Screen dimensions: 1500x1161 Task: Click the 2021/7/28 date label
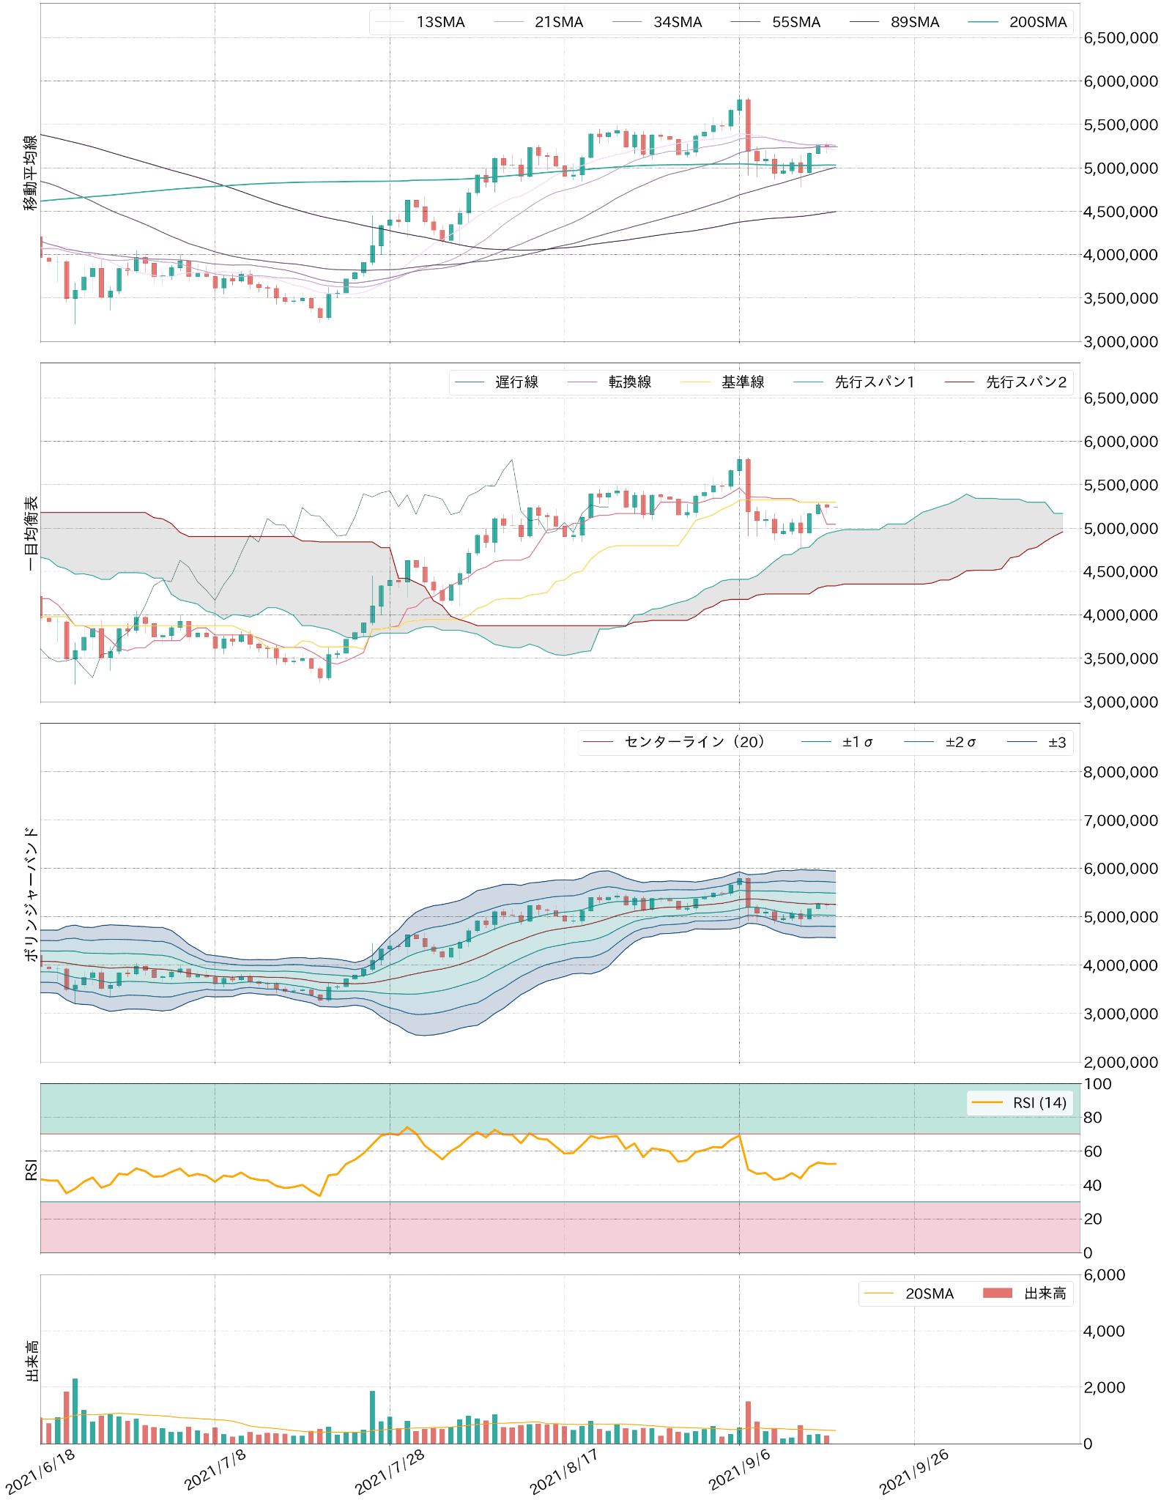coord(390,1472)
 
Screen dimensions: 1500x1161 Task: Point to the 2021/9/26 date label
coord(914,1472)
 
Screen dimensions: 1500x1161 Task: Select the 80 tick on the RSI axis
coord(1093,1118)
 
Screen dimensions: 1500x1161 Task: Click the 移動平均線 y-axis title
coord(31,173)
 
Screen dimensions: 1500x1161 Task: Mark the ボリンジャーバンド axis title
coord(31,894)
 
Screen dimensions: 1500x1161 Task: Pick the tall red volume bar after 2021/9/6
coord(748,1422)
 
